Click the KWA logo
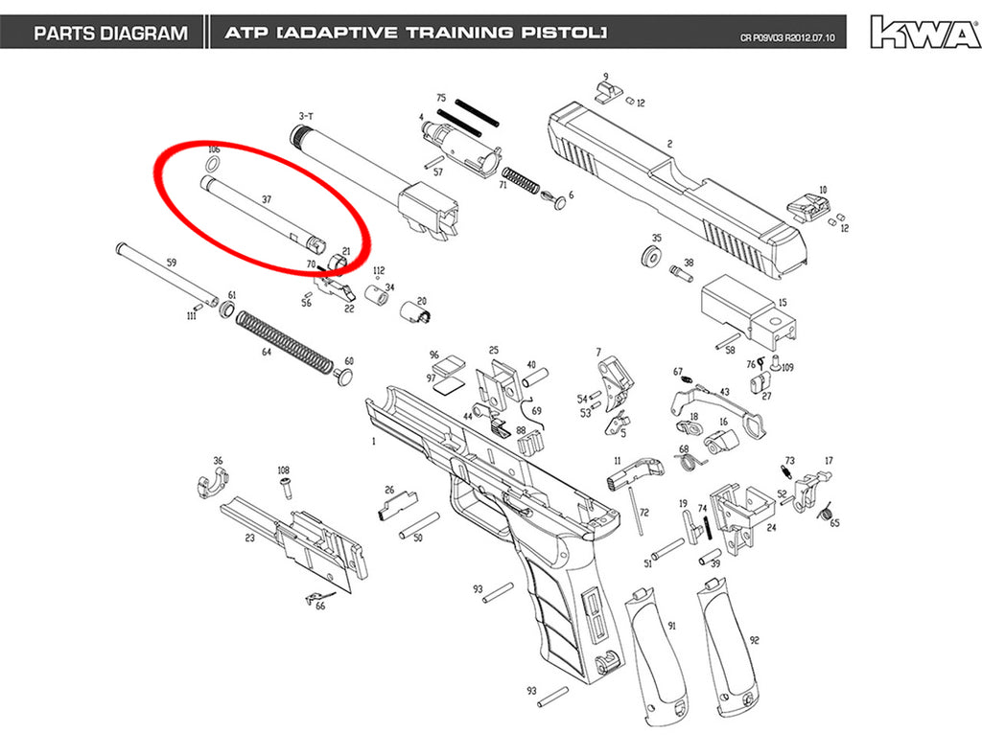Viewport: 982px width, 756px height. [925, 33]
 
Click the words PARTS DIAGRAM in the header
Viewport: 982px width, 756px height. [111, 34]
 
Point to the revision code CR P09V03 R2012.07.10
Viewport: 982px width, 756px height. [787, 38]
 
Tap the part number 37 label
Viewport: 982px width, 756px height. [267, 199]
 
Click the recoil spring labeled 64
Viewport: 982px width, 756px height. [285, 342]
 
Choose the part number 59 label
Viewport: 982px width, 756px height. [172, 263]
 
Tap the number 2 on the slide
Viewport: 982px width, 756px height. [669, 144]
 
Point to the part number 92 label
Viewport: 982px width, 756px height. [755, 640]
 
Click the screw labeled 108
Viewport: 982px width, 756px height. [286, 486]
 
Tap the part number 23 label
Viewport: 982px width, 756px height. [250, 538]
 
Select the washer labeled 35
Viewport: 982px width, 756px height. [652, 257]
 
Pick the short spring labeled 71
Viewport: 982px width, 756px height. [521, 180]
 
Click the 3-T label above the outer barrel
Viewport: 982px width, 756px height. [306, 116]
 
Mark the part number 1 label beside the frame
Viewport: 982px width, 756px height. [374, 441]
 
